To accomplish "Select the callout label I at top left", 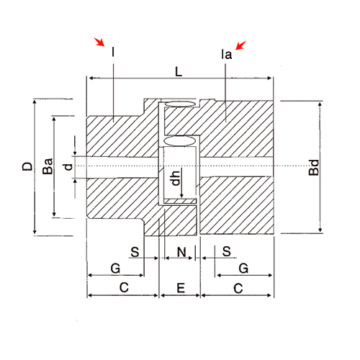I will coord(113,52).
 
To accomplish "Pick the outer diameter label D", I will coord(27,167).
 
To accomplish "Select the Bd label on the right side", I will coord(313,174).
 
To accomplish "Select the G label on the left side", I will coord(114,268).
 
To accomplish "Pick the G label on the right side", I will coord(243,268).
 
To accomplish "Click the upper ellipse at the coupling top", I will coord(179,105).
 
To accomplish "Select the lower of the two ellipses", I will coord(181,138).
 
